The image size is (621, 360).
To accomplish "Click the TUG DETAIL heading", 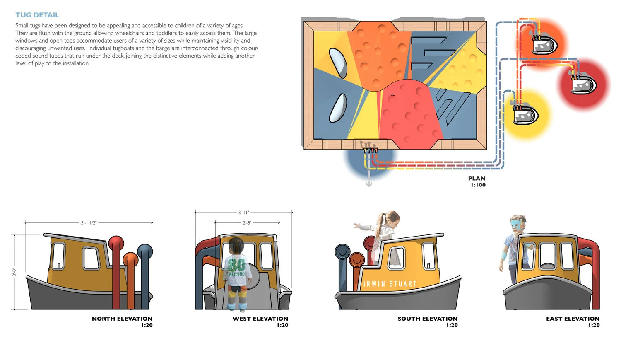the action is tap(37, 15).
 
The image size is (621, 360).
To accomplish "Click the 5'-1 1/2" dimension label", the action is tap(89, 223).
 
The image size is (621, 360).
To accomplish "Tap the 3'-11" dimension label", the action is tap(244, 213).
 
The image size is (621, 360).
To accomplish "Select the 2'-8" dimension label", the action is tap(247, 223).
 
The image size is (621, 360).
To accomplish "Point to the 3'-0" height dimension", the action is tap(14, 272).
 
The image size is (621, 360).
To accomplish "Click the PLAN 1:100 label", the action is tap(477, 182).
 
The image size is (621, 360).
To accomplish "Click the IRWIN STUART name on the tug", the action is tap(390, 284).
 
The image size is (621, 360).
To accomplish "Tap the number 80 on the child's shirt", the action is tap(236, 264).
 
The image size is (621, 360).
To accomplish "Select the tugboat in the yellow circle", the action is tap(525, 114).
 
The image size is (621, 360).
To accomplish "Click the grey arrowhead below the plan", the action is tap(369, 184).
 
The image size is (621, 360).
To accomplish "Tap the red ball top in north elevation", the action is tap(116, 243).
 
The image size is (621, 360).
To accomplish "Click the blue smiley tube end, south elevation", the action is tap(343, 251).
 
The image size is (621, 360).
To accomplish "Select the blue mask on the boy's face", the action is tap(517, 224).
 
